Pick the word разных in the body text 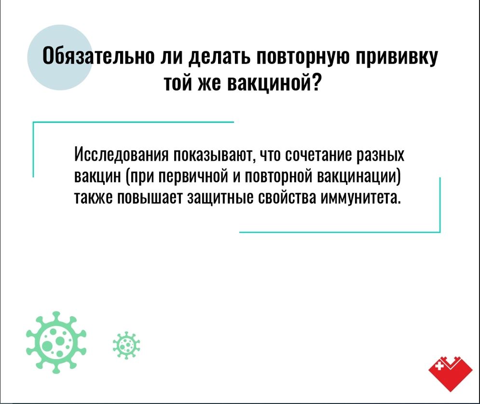click(x=381, y=155)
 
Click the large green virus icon click(x=56, y=342)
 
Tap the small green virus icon click(x=126, y=345)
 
